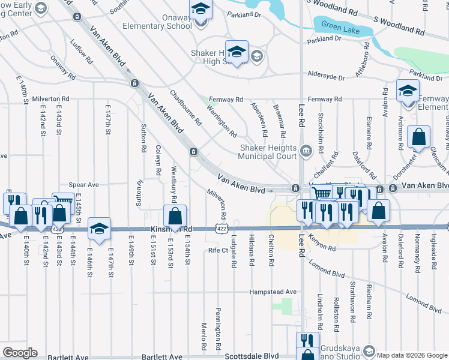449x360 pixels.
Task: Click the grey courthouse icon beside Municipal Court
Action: [307, 149]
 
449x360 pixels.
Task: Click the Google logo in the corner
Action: [20, 353]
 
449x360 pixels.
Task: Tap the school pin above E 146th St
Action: [99, 228]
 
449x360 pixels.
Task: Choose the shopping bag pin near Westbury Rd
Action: [176, 215]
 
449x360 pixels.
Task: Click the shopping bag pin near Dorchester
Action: [418, 137]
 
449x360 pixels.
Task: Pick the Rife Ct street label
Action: [218, 250]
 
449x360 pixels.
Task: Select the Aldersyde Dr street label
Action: [326, 78]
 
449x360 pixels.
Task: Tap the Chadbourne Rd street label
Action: [185, 109]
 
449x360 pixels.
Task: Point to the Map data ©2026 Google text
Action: [407, 355]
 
